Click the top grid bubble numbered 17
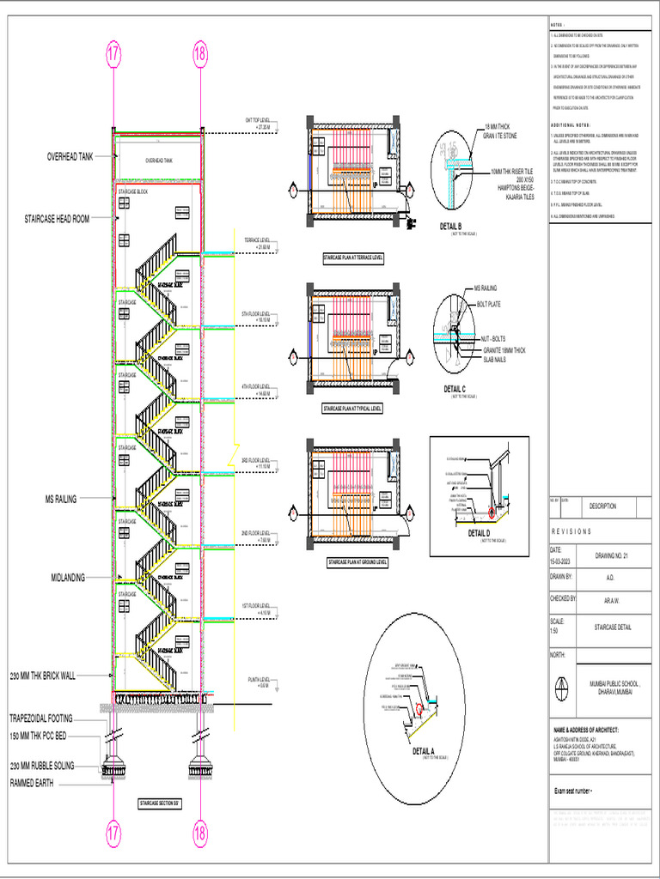click(x=113, y=54)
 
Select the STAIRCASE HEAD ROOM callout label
click(x=57, y=220)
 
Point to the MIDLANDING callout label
click(x=68, y=578)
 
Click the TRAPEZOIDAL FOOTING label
click(x=41, y=718)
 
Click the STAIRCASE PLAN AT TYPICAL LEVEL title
click(x=352, y=409)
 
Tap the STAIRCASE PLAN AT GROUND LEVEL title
click(x=357, y=562)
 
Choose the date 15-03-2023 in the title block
click(x=562, y=561)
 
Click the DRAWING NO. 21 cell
click(x=612, y=555)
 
